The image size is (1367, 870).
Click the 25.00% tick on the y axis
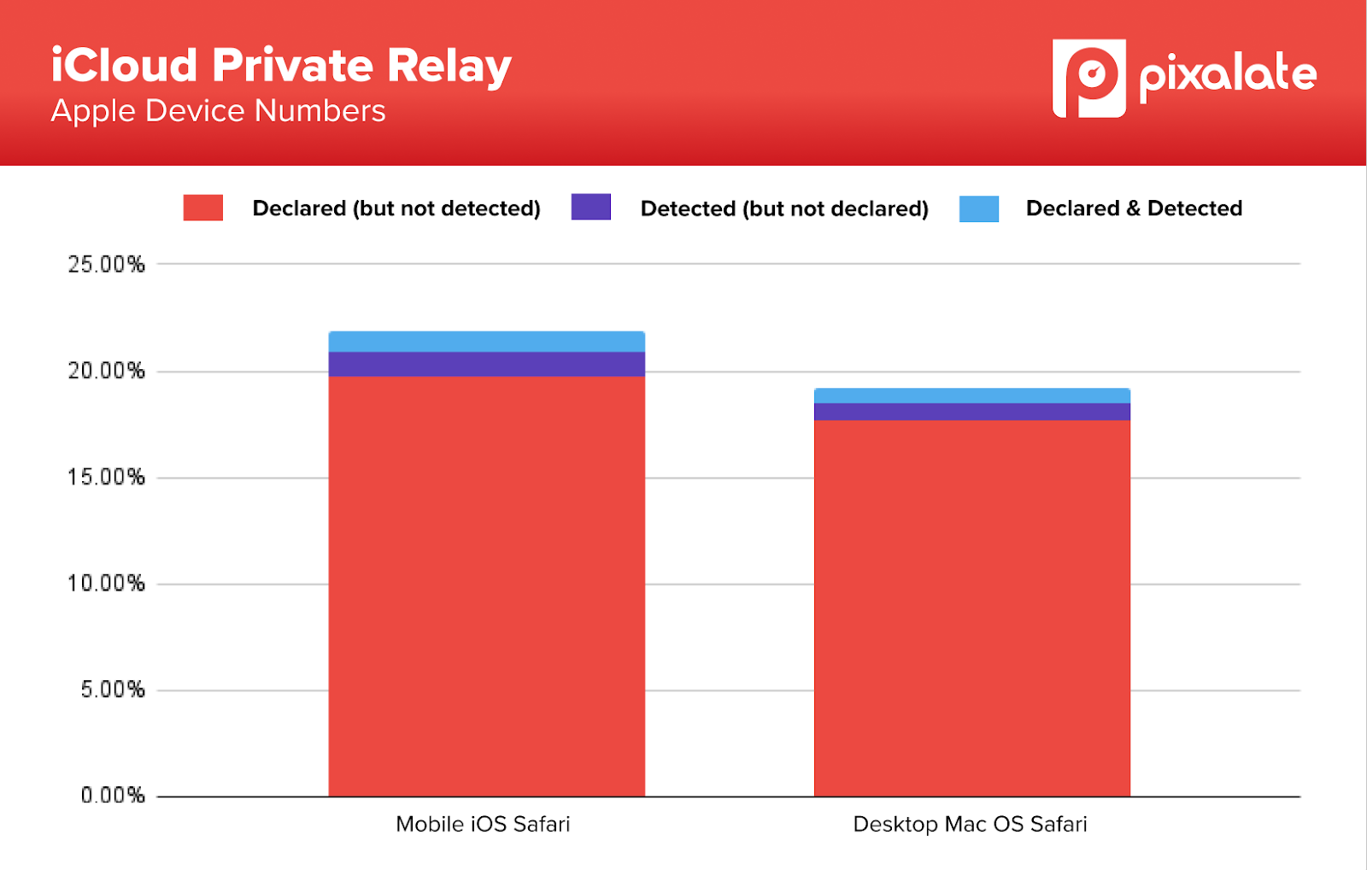(x=106, y=264)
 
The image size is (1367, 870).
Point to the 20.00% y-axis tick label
(x=106, y=371)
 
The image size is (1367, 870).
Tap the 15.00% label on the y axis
(x=106, y=477)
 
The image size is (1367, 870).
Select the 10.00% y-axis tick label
(x=106, y=584)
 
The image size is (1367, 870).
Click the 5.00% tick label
(x=112, y=690)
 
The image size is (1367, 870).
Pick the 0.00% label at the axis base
(x=112, y=796)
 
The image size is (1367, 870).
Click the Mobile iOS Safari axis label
(x=483, y=824)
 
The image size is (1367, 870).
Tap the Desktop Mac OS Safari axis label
(x=970, y=824)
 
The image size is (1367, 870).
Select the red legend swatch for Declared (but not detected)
(x=203, y=208)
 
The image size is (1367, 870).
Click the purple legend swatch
(x=591, y=207)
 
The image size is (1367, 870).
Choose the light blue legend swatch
(x=979, y=209)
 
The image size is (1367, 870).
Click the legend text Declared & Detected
(x=1134, y=209)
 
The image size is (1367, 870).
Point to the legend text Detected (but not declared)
(x=784, y=209)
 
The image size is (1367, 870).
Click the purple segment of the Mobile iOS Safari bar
(x=487, y=364)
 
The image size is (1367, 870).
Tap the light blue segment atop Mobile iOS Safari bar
(x=487, y=342)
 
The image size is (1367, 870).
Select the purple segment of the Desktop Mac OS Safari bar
(x=972, y=411)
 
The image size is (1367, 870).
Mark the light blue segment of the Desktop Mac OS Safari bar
(x=972, y=396)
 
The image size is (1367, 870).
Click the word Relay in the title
(x=449, y=67)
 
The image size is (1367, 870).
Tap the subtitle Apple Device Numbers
(x=218, y=111)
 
